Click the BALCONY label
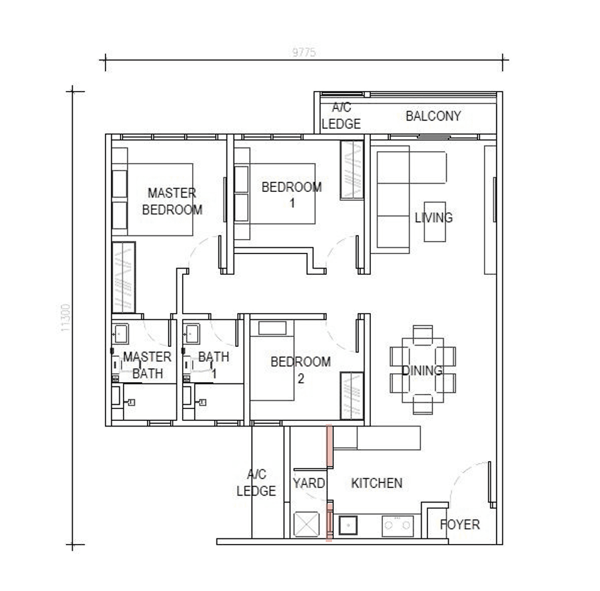click(x=433, y=116)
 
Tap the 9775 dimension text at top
click(x=304, y=53)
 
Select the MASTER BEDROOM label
click(x=172, y=201)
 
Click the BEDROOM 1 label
click(x=291, y=194)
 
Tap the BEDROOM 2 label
click(x=300, y=370)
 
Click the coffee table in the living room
click(x=434, y=221)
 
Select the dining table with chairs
click(x=422, y=370)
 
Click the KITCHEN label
click(x=377, y=483)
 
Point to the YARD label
click(x=309, y=483)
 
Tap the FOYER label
click(x=459, y=524)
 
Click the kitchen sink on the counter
click(x=348, y=524)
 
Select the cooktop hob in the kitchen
click(x=398, y=525)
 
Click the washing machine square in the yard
click(x=307, y=524)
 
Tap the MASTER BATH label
click(x=147, y=365)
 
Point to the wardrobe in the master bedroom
click(x=124, y=277)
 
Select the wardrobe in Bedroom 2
click(x=351, y=395)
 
